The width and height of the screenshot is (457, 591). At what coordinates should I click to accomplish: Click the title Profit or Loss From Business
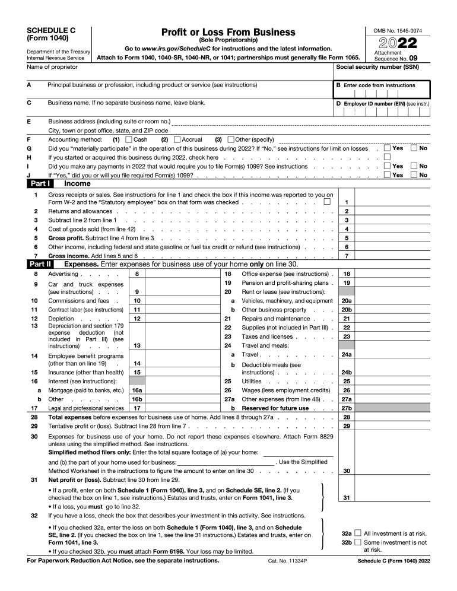point(228,32)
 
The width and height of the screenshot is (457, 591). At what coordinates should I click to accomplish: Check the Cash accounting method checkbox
point(129,139)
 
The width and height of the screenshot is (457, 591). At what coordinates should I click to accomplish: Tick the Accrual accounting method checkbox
point(177,139)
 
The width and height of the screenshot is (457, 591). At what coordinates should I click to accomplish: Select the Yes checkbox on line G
point(387,148)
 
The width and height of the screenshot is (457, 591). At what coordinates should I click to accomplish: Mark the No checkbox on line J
point(414,175)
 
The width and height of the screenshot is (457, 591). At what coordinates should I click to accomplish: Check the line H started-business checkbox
point(387,157)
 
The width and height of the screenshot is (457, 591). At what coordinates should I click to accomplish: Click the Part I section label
point(42,184)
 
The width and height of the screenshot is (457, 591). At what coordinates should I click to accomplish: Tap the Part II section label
point(42,263)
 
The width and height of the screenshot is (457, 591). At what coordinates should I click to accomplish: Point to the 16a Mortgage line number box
point(137,390)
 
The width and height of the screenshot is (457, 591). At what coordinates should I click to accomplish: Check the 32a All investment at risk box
point(357,533)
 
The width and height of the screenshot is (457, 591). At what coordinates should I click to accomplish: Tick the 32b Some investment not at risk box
point(357,542)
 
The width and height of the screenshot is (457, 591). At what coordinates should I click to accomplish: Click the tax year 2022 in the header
point(397,43)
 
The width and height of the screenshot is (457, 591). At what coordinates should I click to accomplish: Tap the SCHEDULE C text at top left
point(50,30)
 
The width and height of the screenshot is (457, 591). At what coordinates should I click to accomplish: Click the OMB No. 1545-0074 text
point(397,30)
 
